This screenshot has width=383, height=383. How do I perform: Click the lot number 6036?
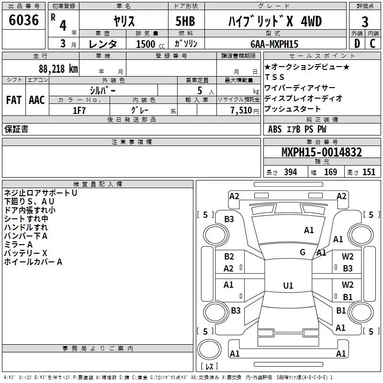click(24, 21)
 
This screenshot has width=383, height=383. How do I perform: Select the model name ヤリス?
click(124, 21)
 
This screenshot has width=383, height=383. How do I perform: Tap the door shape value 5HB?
click(185, 21)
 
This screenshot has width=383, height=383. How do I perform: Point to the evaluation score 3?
click(365, 22)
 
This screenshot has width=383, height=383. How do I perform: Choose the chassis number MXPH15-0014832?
click(321, 153)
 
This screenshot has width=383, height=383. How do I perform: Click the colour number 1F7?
click(79, 110)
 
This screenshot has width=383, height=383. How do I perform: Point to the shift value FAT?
click(14, 100)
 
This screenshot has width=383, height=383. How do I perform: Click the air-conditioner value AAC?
click(37, 100)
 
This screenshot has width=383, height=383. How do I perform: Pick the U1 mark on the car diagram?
click(288, 286)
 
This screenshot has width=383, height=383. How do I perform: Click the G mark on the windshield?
click(303, 252)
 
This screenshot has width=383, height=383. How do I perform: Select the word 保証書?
click(16, 129)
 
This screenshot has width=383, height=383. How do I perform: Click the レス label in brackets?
click(209, 367)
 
